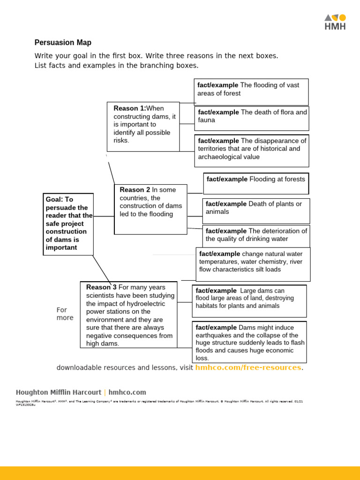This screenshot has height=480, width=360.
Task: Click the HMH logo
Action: [335, 22]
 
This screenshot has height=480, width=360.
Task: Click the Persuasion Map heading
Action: [63, 43]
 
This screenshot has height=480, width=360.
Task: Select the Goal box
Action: [68, 224]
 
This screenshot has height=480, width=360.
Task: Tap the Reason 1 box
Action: [143, 127]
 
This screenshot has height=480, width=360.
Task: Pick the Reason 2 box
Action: [150, 209]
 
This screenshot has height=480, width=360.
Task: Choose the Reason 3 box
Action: [128, 315]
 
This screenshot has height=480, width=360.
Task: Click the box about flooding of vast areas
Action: [251, 92]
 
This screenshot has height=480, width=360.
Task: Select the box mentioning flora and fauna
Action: [252, 118]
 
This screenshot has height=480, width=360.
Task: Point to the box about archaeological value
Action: [252, 150]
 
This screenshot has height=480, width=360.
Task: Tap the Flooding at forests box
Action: [256, 183]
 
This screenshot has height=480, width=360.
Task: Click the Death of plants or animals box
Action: [256, 211]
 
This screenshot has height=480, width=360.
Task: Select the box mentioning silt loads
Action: [253, 264]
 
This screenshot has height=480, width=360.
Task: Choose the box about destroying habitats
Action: [249, 301]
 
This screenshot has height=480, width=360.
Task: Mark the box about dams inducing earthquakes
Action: [249, 342]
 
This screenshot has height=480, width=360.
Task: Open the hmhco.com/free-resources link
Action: [248, 367]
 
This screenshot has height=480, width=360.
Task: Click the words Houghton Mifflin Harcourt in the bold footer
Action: [59, 392]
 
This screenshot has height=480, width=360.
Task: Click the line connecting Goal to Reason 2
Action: [104, 217]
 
